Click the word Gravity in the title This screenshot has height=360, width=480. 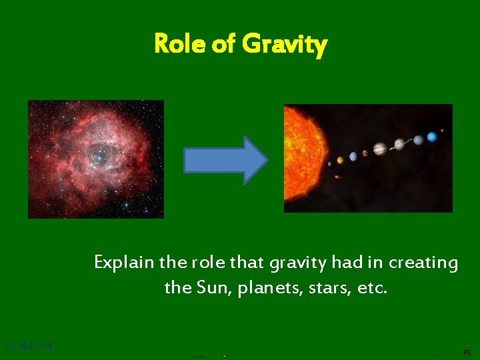285,45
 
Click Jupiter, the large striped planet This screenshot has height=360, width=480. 379,149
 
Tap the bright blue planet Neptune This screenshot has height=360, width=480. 432,137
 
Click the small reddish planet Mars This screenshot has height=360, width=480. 364,154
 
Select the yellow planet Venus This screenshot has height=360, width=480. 340,159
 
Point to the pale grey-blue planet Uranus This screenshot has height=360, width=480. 418,140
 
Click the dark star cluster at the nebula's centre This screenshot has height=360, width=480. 101,155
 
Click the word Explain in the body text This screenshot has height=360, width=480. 124,263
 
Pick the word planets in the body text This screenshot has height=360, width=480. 259,289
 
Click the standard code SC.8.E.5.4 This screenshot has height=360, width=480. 28,346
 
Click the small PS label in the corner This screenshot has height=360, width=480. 466,351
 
